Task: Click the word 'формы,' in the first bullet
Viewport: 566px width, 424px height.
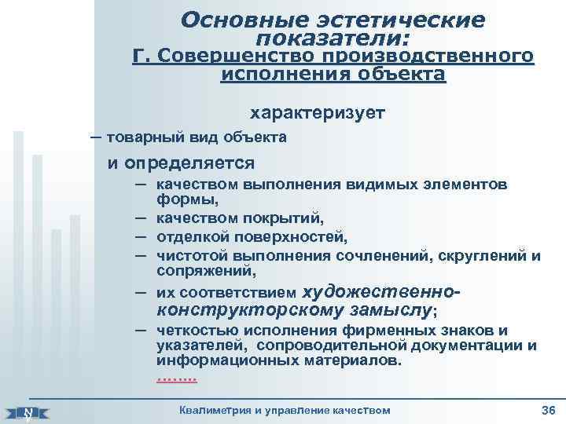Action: coord(181,200)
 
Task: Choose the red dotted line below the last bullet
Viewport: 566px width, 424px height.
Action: coord(177,378)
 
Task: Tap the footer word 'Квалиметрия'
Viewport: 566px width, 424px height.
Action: coord(215,411)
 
